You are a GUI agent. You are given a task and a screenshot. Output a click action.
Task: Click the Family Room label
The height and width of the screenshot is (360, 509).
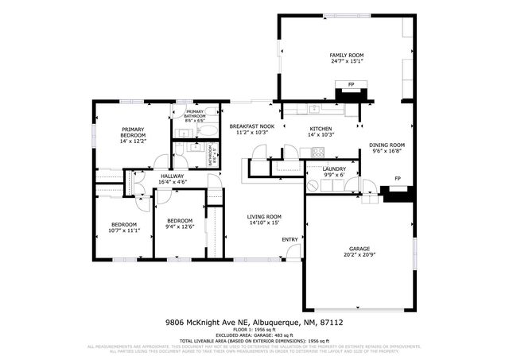coord(346,55)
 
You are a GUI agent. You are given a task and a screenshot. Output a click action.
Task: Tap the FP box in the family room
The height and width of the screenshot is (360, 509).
coord(351,84)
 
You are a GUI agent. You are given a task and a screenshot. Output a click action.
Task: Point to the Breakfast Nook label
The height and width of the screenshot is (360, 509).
coord(252,127)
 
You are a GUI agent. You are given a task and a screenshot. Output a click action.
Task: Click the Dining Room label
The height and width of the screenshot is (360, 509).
coord(387,145)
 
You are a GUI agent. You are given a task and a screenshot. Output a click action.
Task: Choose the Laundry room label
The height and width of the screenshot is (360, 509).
coord(333,168)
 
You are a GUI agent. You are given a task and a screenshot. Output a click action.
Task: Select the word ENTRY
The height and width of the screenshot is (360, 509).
coord(289,239)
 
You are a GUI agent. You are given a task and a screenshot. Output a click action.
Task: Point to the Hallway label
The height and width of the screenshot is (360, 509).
coord(172,176)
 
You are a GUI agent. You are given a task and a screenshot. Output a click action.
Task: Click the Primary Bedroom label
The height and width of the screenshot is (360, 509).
coord(133,132)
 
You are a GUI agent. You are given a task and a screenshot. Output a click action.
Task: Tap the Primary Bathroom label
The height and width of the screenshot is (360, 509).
coord(195,114)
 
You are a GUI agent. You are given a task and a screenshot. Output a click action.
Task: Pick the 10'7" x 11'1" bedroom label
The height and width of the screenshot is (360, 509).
coord(123,225)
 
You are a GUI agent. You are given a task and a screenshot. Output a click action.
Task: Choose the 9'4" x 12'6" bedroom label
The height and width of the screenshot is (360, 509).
coord(179,221)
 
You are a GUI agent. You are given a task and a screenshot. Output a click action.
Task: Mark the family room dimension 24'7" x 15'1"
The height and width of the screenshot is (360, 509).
coord(346,60)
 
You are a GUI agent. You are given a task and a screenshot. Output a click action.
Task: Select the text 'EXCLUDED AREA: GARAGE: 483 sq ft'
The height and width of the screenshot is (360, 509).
coord(254,335)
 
